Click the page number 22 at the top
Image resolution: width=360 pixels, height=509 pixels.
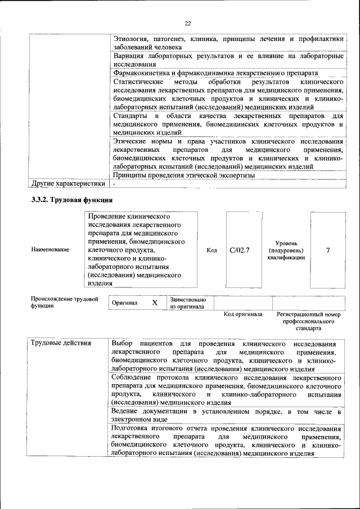[188, 23]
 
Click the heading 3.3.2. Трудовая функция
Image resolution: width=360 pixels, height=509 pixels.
[72, 199]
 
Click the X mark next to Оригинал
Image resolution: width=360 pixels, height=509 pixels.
[155, 303]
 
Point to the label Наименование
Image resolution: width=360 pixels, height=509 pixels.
[50, 249]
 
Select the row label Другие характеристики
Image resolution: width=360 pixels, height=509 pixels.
[68, 183]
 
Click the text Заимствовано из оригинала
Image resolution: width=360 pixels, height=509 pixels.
[188, 303]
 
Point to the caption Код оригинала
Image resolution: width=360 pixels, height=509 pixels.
[243, 314]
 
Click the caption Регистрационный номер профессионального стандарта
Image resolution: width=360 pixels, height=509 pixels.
[309, 321]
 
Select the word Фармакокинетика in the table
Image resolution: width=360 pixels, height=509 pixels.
[141, 73]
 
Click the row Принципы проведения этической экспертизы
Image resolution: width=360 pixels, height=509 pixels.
[184, 175]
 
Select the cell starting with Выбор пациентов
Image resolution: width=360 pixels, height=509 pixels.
[227, 356]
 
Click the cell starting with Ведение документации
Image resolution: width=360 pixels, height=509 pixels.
[227, 416]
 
